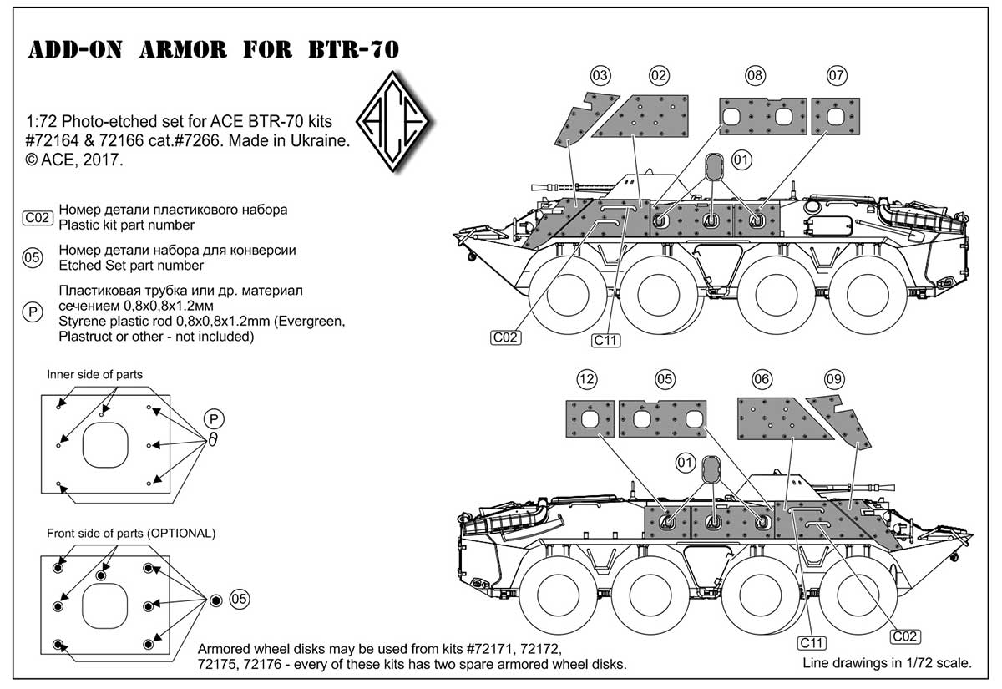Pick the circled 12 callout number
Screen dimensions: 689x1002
tap(588, 379)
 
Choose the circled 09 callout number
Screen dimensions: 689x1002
tap(834, 379)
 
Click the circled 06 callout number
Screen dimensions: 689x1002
tap(762, 379)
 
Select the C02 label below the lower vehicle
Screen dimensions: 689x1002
tap(905, 636)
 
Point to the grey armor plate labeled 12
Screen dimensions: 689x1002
tap(590, 418)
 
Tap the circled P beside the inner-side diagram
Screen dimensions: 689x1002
tap(214, 419)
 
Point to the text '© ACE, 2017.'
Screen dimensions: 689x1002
tap(74, 159)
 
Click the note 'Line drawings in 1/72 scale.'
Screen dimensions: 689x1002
tap(887, 665)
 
